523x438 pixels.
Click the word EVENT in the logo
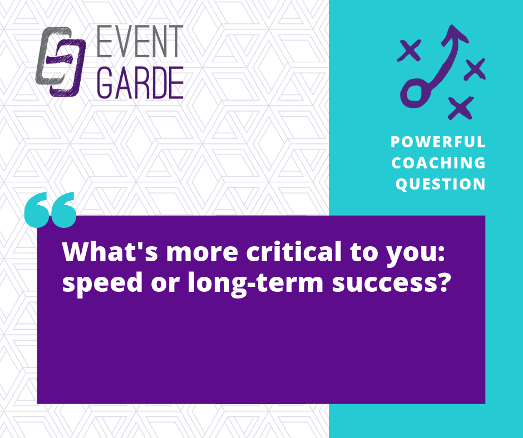coord(140,41)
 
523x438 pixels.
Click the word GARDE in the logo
coord(140,82)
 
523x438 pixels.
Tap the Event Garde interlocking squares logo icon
coord(61,62)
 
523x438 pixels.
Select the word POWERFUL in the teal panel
coord(438,142)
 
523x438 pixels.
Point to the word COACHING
coord(438,163)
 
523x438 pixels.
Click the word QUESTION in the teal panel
coord(440,185)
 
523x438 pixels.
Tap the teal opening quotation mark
coord(51,210)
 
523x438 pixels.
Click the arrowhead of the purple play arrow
coord(455,34)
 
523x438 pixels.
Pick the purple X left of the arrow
coord(409,51)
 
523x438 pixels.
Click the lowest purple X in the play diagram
coord(461,108)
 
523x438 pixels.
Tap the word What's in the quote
coord(110,251)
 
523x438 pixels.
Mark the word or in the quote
coord(165,285)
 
